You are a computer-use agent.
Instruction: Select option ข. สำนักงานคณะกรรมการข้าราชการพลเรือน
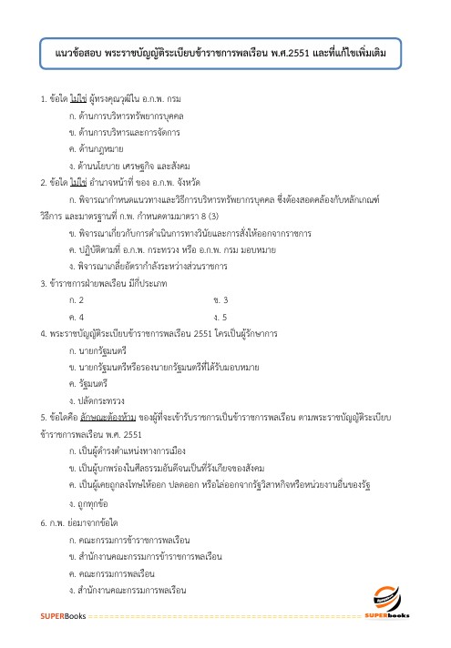tap(146, 553)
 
